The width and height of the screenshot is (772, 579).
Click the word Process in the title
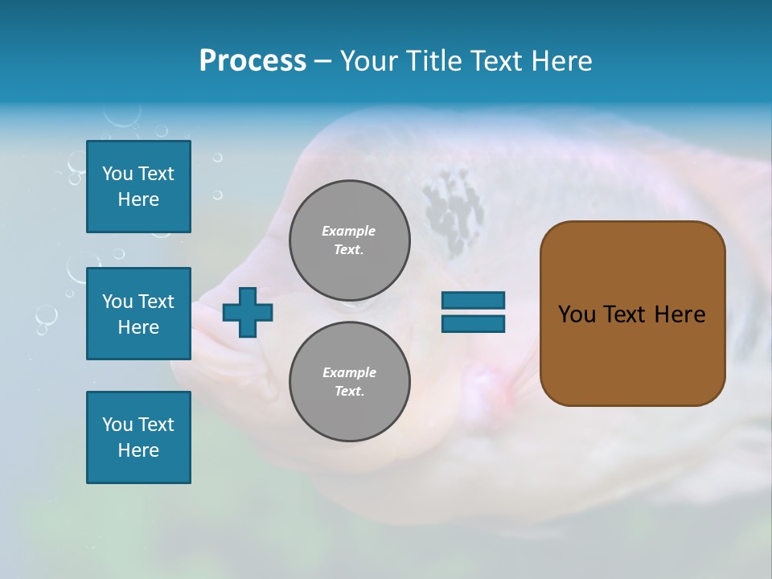click(253, 61)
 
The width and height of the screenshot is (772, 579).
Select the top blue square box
click(138, 187)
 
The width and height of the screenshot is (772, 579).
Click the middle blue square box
click(138, 314)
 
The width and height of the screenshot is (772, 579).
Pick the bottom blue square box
click(138, 437)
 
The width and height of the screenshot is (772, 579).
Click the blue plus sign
click(248, 312)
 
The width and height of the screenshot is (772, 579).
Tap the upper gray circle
click(349, 240)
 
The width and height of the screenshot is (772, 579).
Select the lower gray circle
click(349, 382)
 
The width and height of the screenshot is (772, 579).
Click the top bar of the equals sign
click(473, 301)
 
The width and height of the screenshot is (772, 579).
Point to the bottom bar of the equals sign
click(473, 324)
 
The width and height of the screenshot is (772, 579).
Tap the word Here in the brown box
click(680, 314)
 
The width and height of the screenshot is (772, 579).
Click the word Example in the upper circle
click(349, 231)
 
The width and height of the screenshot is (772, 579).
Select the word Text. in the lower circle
click(349, 392)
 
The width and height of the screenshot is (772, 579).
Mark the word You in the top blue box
click(117, 174)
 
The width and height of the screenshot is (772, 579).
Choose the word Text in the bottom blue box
click(155, 425)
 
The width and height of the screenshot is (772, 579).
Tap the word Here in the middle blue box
click(138, 327)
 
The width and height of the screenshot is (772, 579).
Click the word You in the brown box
click(577, 314)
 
